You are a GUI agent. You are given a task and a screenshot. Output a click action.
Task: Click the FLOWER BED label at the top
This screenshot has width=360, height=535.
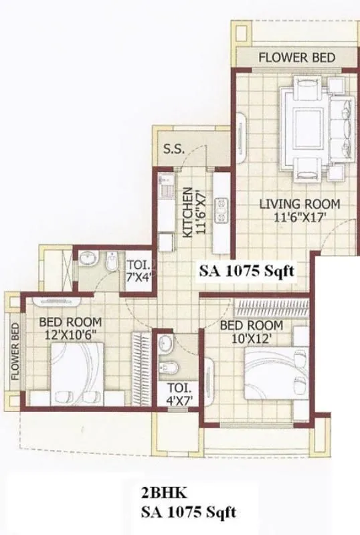click(297, 58)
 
